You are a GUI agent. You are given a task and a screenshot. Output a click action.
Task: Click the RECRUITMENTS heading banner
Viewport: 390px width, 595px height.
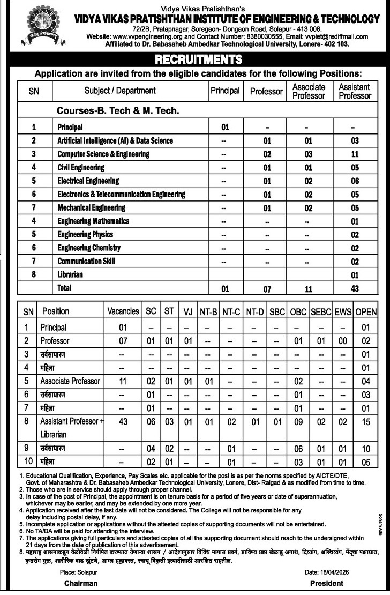click(x=194, y=59)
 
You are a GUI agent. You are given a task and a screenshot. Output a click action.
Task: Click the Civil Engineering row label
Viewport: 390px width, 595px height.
click(x=81, y=168)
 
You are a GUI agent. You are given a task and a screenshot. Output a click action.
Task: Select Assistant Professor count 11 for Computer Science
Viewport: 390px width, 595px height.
click(x=354, y=154)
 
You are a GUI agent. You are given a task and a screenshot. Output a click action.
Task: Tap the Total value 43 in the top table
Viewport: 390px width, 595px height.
click(x=354, y=289)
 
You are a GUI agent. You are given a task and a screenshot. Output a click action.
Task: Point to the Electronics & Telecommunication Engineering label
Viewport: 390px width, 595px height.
click(x=122, y=195)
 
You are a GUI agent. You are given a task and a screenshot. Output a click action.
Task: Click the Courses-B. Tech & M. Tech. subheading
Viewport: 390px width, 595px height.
click(x=118, y=111)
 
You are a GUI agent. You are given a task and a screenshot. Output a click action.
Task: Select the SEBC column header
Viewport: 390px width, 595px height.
click(x=321, y=311)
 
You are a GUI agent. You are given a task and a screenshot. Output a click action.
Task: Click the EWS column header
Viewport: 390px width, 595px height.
click(x=343, y=311)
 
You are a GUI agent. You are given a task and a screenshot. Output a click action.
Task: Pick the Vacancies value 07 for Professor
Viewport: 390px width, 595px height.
click(x=123, y=341)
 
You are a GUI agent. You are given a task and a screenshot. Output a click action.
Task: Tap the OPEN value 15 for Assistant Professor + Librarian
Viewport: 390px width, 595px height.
click(x=366, y=422)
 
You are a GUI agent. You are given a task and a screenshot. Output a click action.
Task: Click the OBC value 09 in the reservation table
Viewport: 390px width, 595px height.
click(x=298, y=422)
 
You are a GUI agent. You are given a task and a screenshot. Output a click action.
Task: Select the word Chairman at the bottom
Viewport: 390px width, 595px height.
click(x=81, y=583)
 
